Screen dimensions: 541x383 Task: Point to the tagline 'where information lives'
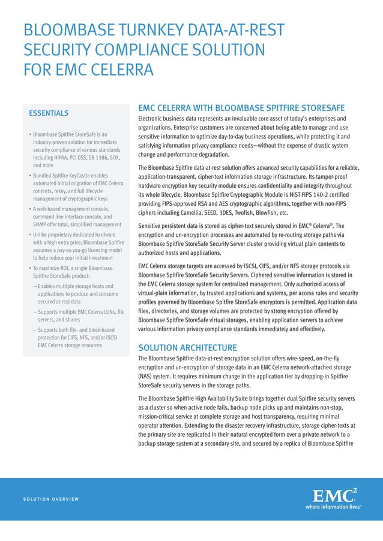tap(334, 506)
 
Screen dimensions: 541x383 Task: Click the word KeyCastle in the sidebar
tap(82, 176)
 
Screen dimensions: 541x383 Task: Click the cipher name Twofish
tap(249, 212)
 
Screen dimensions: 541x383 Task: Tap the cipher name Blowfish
tap(274, 212)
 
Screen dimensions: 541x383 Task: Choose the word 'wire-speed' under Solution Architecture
tap(291, 358)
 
